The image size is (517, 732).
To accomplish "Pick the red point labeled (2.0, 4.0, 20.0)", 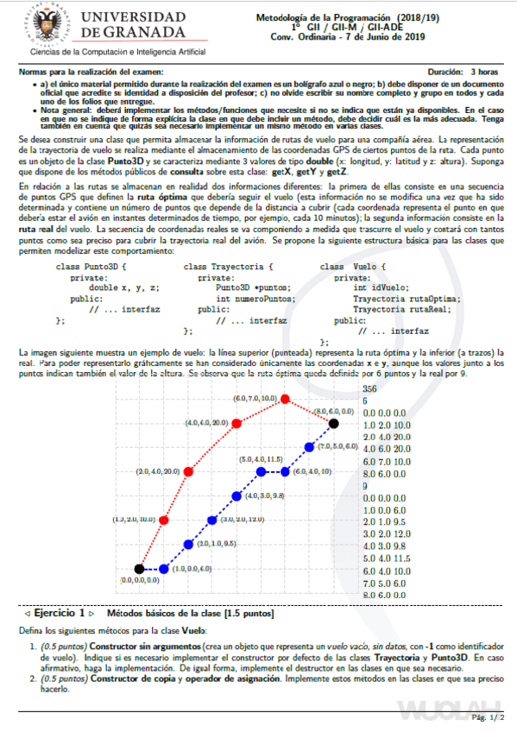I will coord(188,471).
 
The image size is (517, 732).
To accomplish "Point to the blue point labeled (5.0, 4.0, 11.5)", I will coord(262,472).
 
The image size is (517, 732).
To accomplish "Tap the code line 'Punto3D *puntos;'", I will coord(254,287).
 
